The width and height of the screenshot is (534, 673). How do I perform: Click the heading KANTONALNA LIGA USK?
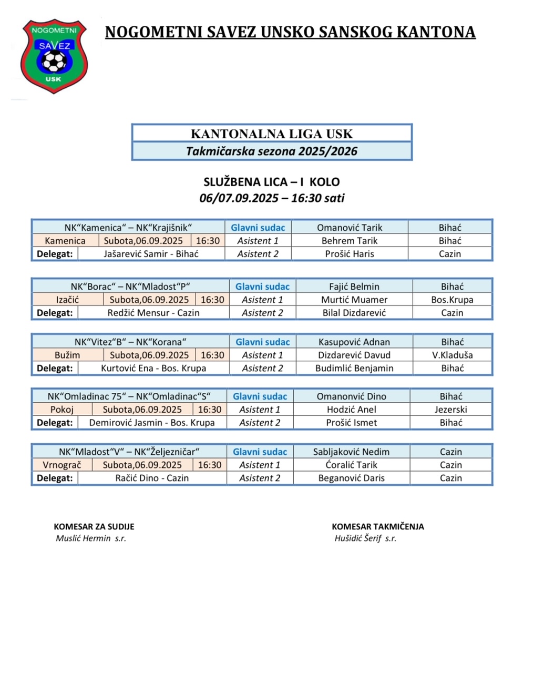[271, 134]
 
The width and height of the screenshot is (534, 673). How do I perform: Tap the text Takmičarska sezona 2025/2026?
[271, 151]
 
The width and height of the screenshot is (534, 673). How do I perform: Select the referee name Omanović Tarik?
[350, 228]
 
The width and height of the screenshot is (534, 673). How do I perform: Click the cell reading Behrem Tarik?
[350, 241]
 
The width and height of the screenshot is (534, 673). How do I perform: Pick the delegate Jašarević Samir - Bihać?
[151, 254]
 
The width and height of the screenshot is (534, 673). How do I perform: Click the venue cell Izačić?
[68, 300]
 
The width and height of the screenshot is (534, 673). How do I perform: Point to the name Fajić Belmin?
[354, 287]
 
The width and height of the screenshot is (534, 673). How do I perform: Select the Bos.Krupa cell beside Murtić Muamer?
[452, 300]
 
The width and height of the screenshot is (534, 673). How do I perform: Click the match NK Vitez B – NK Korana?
[130, 342]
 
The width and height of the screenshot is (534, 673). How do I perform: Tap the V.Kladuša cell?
[452, 355]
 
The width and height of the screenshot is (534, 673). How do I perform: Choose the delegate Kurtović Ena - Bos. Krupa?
[153, 368]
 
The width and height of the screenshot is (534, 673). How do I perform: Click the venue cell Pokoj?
[62, 410]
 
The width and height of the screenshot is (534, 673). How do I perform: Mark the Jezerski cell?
[450, 410]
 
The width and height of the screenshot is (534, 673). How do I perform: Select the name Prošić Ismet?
[351, 423]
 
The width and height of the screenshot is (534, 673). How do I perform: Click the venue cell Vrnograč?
[62, 465]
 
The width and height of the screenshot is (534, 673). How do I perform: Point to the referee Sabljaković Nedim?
[351, 452]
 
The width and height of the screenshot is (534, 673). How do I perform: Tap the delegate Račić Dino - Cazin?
[152, 478]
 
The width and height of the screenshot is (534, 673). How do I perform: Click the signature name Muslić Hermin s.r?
[91, 538]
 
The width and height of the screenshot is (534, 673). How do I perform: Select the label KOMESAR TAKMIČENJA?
[377, 526]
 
